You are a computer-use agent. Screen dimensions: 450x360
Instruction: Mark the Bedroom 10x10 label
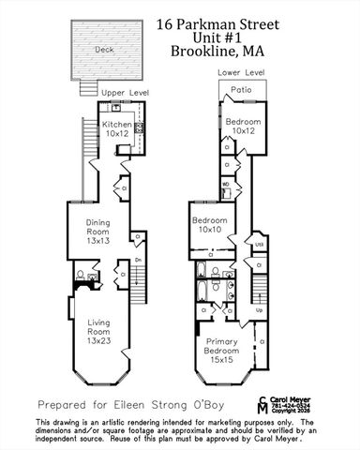coord(206,225)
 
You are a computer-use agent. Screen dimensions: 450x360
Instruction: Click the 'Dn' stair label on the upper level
coord(138,260)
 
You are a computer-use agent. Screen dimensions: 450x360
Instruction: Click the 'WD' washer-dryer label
coord(227,185)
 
